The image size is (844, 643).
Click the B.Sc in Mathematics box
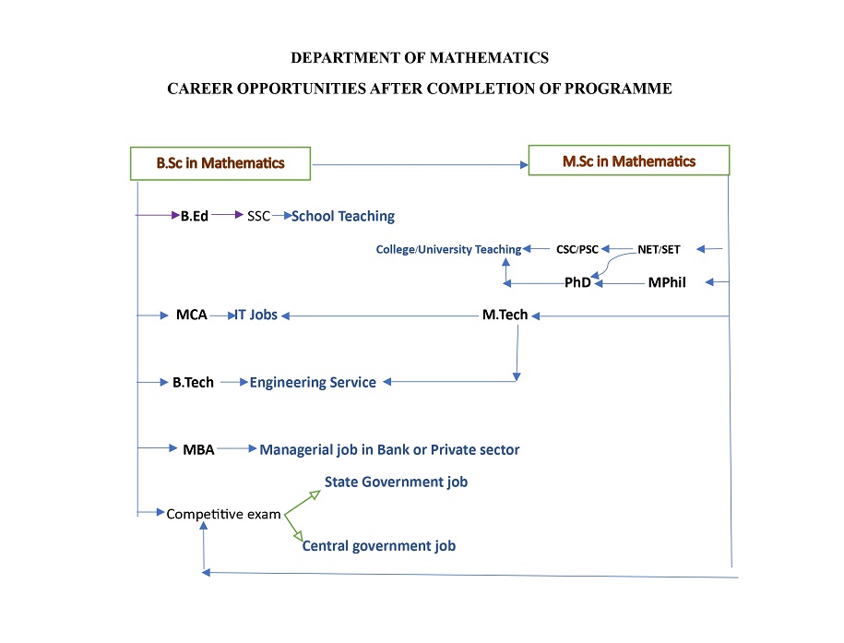click(x=220, y=163)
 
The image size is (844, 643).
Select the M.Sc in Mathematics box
click(x=629, y=161)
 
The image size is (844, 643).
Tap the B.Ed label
click(x=195, y=216)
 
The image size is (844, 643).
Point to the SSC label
click(x=259, y=216)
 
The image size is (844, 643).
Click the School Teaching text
click(x=343, y=216)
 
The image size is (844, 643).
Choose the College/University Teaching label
click(x=448, y=249)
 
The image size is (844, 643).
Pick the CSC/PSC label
click(x=577, y=249)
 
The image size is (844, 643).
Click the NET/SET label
click(x=659, y=249)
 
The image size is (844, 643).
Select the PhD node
click(x=577, y=282)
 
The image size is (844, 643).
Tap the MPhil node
click(x=667, y=282)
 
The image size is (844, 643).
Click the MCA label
click(x=192, y=315)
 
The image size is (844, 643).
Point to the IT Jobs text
click(x=256, y=315)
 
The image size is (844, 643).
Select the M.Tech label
click(x=505, y=315)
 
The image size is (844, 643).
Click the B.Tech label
click(x=193, y=382)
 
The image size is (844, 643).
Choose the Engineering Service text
click(x=313, y=382)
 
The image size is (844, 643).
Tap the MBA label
click(x=198, y=449)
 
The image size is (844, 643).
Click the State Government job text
click(x=396, y=482)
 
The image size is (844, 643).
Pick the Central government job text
click(x=379, y=545)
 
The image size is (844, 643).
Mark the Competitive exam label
click(x=223, y=514)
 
